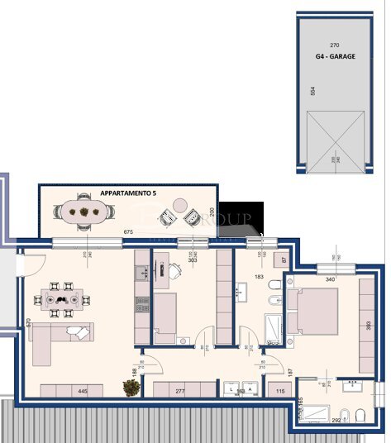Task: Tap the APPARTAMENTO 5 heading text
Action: click(x=133, y=192)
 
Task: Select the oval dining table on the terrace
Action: click(x=84, y=212)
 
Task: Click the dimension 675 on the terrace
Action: click(x=128, y=232)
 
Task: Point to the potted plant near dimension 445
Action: click(x=130, y=387)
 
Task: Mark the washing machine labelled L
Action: click(x=229, y=389)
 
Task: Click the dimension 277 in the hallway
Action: click(x=180, y=390)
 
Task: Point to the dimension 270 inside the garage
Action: click(x=334, y=45)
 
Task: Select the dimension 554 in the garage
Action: click(x=312, y=90)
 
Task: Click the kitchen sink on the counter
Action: click(x=141, y=271)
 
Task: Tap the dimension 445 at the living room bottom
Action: click(x=83, y=390)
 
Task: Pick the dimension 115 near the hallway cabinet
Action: click(x=280, y=390)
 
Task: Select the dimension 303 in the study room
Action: click(x=192, y=260)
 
